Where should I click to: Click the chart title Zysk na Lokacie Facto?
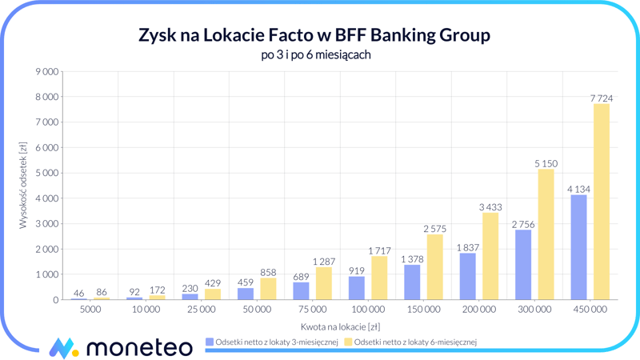(x=314, y=36)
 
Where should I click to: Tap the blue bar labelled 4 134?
(x=578, y=247)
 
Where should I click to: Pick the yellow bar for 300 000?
(x=546, y=234)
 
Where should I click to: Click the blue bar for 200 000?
(x=468, y=276)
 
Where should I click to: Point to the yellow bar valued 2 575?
(x=434, y=267)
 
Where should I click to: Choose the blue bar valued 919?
(x=357, y=288)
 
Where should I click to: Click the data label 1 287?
(x=323, y=262)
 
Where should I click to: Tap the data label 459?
(x=246, y=282)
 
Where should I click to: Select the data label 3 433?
(x=490, y=207)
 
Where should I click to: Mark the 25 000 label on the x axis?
(x=202, y=310)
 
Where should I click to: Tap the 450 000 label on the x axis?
(x=590, y=310)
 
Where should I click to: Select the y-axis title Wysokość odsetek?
(x=23, y=186)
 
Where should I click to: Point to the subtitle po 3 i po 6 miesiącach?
(x=315, y=55)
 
